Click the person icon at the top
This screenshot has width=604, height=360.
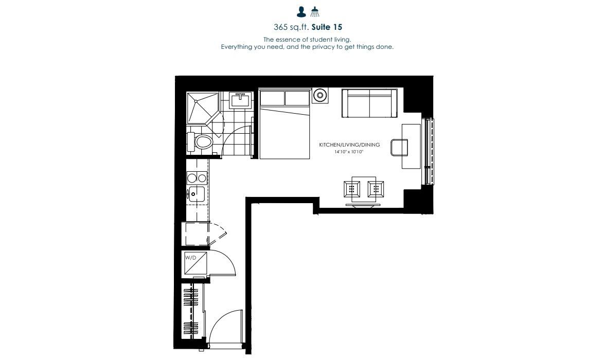[301, 12]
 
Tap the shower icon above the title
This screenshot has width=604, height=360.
[315, 12]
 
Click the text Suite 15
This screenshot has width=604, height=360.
[327, 27]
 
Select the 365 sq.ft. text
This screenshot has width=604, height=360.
[291, 27]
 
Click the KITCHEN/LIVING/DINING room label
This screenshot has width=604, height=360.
[349, 145]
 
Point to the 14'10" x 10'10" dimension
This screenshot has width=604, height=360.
[349, 152]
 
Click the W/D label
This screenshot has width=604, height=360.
[191, 258]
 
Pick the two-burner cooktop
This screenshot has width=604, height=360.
[197, 178]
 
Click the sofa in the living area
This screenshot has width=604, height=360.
[370, 103]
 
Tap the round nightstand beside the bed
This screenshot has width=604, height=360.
[319, 95]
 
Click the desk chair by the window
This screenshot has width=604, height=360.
[399, 148]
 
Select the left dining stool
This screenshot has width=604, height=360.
[352, 189]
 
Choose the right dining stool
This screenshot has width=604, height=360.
[376, 189]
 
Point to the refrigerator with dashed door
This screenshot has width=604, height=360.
[197, 233]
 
